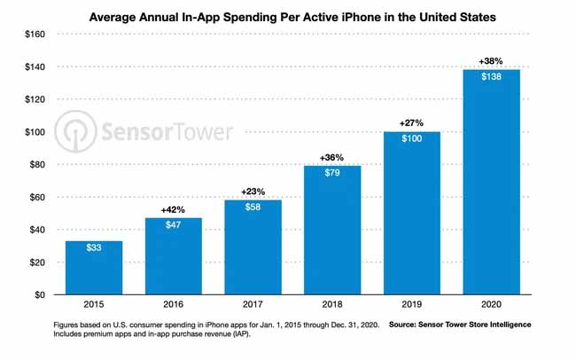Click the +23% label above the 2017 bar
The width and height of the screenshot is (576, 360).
point(252,192)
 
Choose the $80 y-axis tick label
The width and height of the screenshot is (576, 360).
point(33,164)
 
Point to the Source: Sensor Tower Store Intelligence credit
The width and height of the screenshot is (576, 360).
point(461,325)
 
